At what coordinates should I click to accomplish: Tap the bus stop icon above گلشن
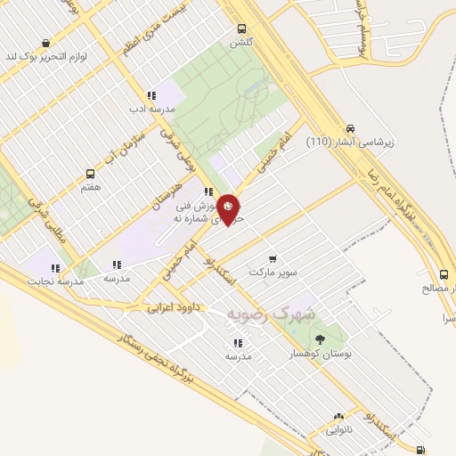tap(242, 29)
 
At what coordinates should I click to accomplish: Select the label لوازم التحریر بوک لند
tap(47, 56)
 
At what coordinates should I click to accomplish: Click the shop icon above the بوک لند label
tap(45, 42)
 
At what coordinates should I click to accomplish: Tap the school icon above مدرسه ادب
tap(151, 95)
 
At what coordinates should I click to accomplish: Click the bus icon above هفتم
tap(90, 174)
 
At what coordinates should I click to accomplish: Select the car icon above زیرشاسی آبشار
tap(351, 127)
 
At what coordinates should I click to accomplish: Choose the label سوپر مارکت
tap(273, 270)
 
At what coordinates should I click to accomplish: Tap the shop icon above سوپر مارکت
tap(273, 257)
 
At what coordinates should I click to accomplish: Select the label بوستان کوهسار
tap(323, 354)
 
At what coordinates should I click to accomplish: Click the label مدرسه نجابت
tap(57, 281)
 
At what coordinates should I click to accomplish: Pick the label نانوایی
tap(339, 429)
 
